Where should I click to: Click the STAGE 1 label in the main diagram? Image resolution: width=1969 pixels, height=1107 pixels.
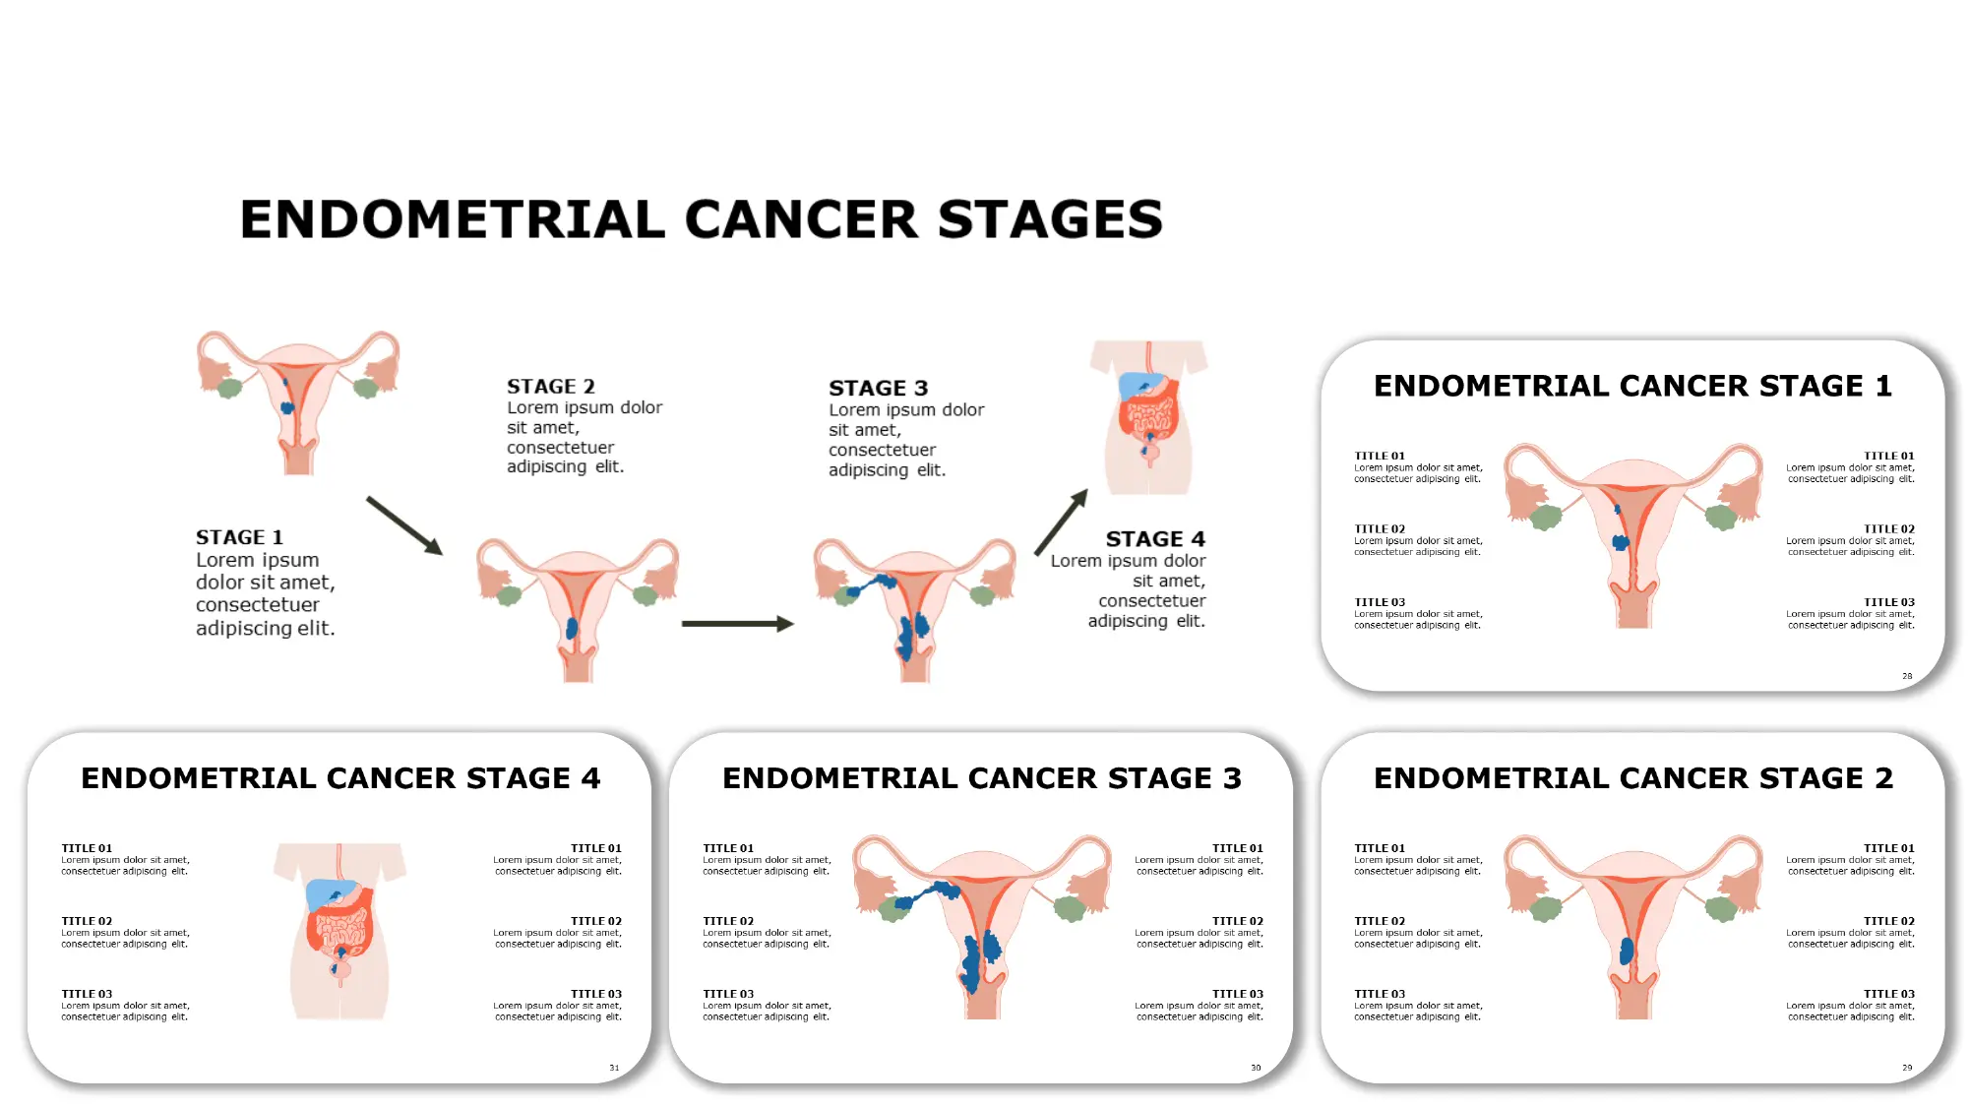click(x=239, y=537)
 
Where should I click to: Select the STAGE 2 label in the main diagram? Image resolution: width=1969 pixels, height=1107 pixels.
click(x=550, y=387)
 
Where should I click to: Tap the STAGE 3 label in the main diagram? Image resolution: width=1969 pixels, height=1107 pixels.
click(x=878, y=389)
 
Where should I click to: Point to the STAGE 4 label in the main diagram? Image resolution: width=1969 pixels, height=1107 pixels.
click(x=1154, y=539)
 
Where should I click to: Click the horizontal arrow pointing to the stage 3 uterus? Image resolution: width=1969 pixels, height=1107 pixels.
click(x=737, y=624)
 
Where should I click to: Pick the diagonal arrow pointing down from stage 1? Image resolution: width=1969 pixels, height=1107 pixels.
click(x=404, y=525)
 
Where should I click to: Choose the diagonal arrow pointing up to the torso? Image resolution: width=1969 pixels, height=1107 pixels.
click(x=1061, y=522)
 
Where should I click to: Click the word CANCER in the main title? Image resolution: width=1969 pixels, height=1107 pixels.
click(x=801, y=219)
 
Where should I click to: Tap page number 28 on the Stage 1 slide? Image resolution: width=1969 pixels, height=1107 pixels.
click(x=1906, y=676)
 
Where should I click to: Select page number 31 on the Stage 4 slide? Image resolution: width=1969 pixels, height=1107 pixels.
click(x=614, y=1068)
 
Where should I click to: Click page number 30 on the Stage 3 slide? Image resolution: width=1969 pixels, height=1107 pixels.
click(x=1256, y=1068)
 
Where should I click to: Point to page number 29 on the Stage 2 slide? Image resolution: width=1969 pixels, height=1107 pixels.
click(x=1906, y=1068)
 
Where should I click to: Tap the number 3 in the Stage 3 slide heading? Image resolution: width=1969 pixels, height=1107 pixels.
click(x=1232, y=778)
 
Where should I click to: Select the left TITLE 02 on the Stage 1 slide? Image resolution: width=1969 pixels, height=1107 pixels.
click(x=1380, y=529)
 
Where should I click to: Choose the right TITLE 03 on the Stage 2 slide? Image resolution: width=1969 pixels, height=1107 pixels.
click(x=1888, y=994)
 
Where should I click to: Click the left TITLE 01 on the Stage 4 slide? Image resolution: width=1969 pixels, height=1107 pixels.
click(x=87, y=848)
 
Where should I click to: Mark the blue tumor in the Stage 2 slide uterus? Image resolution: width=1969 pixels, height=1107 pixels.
click(x=1627, y=951)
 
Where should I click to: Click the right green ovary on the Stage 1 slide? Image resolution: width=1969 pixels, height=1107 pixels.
click(x=1721, y=517)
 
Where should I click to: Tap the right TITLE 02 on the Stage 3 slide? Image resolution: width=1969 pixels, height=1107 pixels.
click(x=1237, y=921)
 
